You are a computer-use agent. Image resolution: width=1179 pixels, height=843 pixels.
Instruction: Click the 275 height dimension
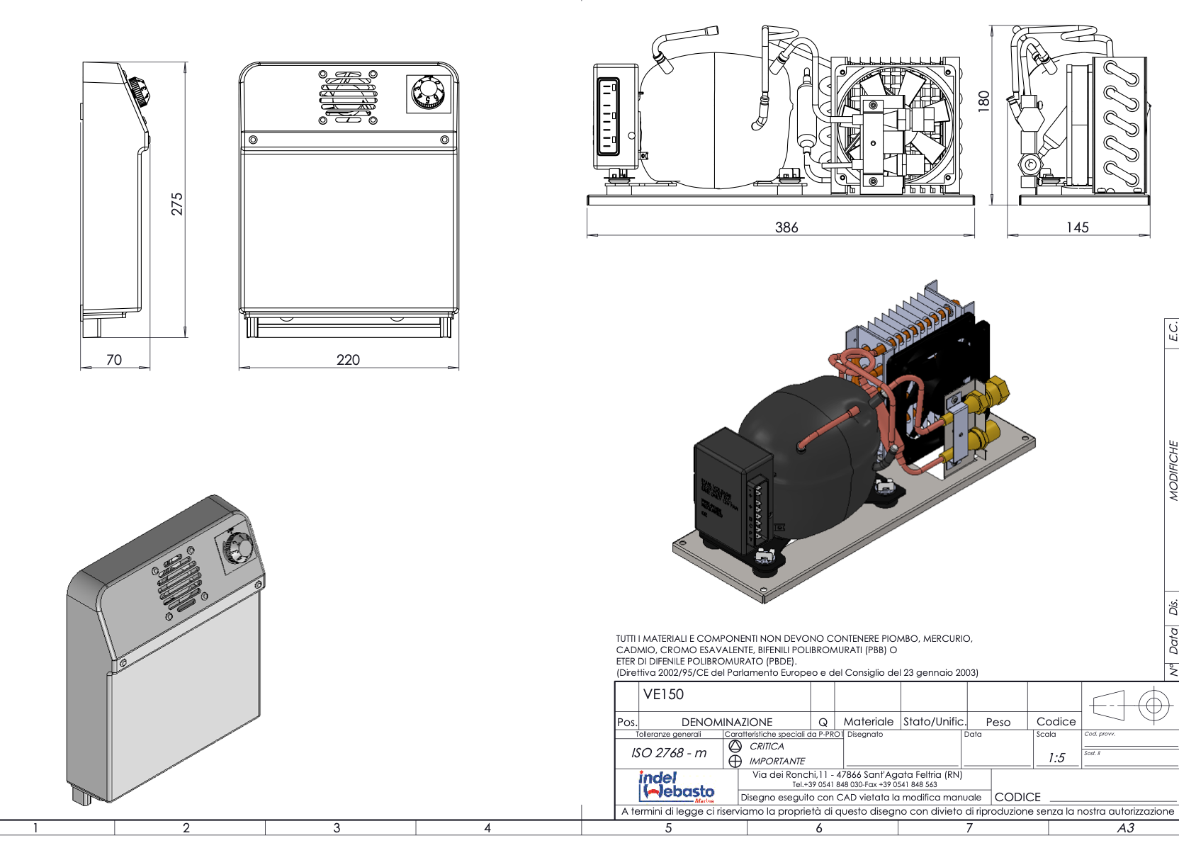click(x=176, y=203)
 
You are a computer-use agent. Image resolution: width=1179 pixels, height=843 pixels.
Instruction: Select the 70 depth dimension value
click(x=114, y=360)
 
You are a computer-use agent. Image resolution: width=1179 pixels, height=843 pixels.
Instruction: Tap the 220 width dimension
click(x=348, y=360)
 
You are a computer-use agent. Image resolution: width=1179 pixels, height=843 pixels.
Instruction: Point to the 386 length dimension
click(x=786, y=227)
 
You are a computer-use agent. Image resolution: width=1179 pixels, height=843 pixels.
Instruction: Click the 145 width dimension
click(x=1077, y=227)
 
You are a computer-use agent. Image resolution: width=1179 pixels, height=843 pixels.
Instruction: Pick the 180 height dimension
click(x=983, y=100)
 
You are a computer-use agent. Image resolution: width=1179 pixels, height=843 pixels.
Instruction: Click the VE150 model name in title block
click(x=663, y=695)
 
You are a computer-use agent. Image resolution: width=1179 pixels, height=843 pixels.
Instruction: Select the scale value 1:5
click(x=1056, y=758)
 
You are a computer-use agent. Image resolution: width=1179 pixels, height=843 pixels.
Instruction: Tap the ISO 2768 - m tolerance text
click(x=669, y=753)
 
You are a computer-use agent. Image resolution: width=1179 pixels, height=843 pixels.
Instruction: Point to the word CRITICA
click(x=767, y=747)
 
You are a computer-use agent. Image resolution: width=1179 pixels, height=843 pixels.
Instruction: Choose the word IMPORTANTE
click(x=777, y=762)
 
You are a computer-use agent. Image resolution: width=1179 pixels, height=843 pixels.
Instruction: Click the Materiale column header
click(x=869, y=722)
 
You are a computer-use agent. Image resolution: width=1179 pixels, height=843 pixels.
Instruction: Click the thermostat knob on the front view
click(x=429, y=94)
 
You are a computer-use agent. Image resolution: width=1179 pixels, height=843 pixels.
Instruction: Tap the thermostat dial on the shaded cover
click(x=240, y=548)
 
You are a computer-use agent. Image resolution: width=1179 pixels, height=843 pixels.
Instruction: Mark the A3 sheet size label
click(x=1125, y=828)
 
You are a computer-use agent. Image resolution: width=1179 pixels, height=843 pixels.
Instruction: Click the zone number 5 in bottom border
click(x=668, y=828)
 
